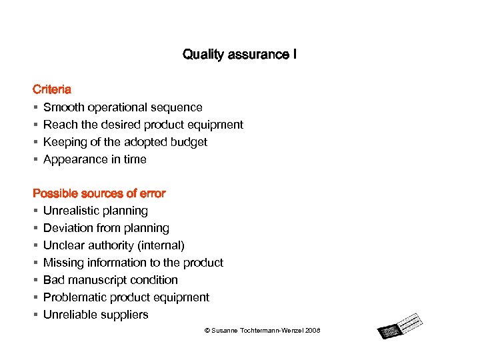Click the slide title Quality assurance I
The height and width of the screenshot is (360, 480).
pyautogui.click(x=240, y=54)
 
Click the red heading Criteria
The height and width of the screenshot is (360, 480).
pyautogui.click(x=53, y=89)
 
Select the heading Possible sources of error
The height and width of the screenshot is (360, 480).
pyautogui.click(x=99, y=193)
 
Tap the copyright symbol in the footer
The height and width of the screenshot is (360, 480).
pyautogui.click(x=207, y=331)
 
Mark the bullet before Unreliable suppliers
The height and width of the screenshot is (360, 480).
pyautogui.click(x=35, y=315)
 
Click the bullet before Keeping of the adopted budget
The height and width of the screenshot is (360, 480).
pyautogui.click(x=35, y=142)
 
